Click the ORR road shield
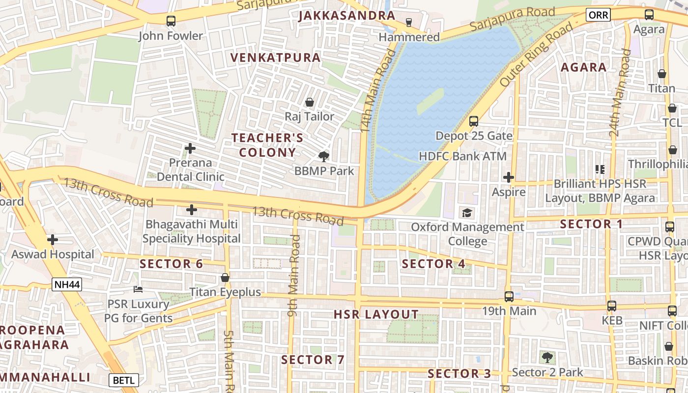598,15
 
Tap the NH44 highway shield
66,284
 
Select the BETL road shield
123,380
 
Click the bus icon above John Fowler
171,21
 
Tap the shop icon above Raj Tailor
310,102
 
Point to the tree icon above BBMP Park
323,157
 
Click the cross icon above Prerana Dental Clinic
190,148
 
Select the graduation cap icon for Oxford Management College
466,213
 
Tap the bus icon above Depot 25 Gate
474,121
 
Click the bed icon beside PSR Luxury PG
139,289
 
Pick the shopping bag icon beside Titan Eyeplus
225,278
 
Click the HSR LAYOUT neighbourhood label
376,314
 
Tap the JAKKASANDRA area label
346,16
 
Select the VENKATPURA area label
275,57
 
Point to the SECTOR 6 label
171,264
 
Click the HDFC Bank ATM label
462,156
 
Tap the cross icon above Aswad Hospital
53,240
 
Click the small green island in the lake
430,101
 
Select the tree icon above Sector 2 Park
547,357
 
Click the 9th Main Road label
293,275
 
